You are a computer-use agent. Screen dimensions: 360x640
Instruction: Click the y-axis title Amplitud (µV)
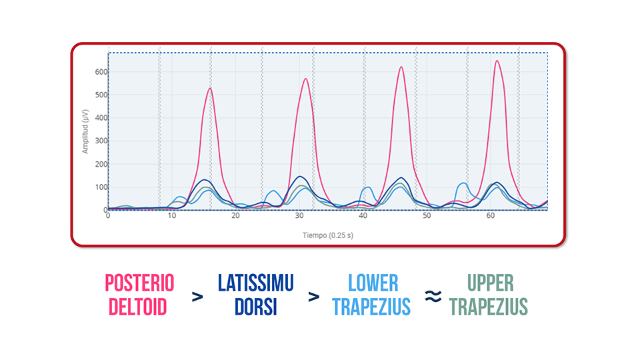85,133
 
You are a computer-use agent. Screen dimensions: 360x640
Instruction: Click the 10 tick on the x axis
172,217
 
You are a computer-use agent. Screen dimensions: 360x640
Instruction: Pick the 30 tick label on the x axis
299,217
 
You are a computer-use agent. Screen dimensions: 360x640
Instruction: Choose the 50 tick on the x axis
427,217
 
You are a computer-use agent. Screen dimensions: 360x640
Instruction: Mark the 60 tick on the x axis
491,217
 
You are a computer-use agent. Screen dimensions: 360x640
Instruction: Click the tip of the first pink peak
210,88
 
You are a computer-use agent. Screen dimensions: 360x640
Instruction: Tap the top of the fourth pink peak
497,61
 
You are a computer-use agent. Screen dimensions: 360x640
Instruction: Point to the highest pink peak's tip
497,61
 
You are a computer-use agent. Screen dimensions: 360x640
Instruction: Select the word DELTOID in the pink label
139,306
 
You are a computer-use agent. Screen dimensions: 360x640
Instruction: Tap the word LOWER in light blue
373,283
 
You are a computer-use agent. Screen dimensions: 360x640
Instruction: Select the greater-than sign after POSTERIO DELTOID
197,297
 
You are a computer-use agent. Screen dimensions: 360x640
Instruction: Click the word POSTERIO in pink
139,283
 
